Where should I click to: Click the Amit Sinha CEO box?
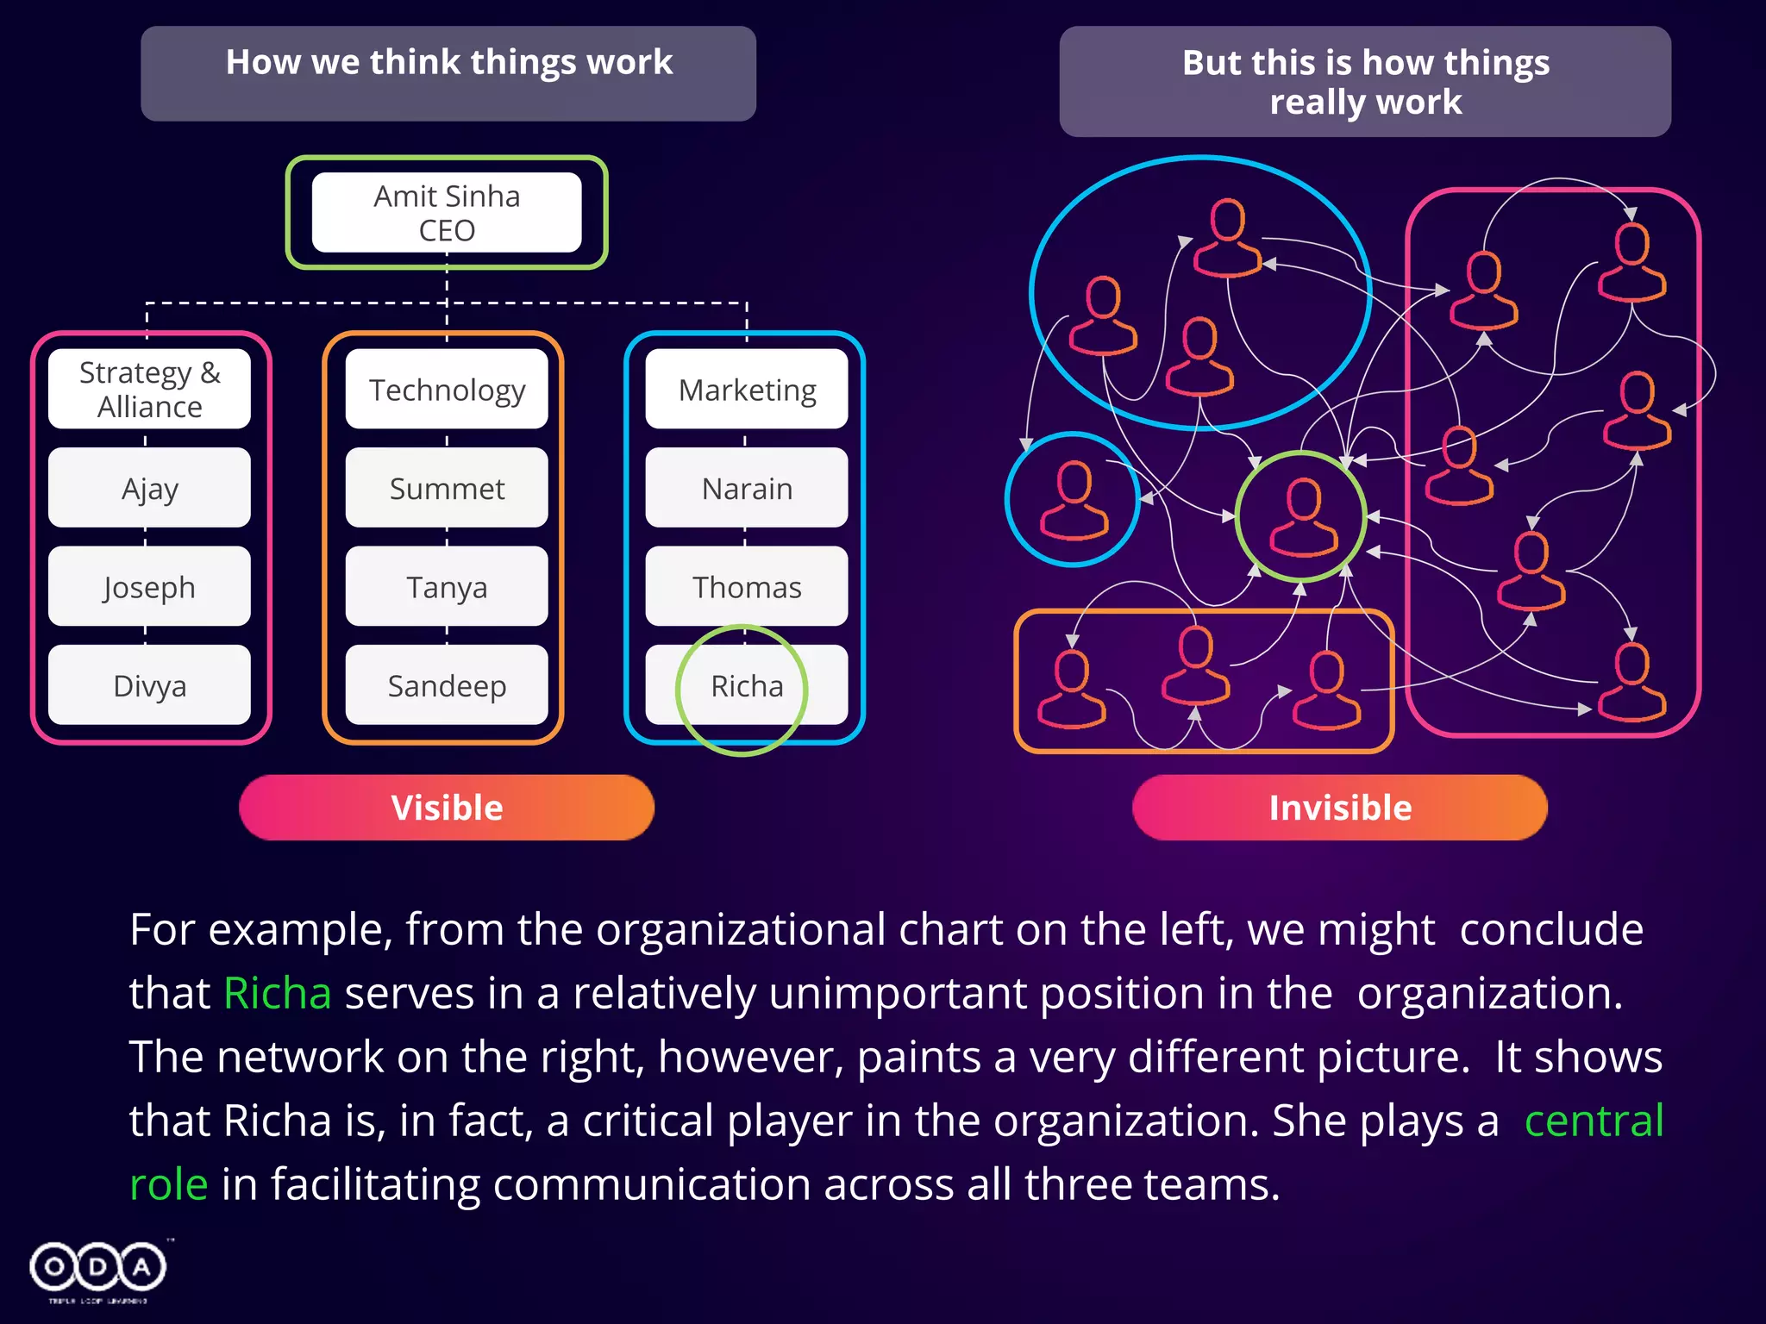[x=447, y=213]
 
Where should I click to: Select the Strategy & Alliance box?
[x=149, y=390]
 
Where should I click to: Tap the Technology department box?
[x=447, y=390]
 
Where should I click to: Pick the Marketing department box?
[x=747, y=390]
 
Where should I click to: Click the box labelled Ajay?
[x=149, y=488]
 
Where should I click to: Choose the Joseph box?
[x=149, y=587]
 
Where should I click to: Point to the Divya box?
[x=149, y=685]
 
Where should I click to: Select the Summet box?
[x=447, y=488]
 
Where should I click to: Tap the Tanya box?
[x=447, y=587]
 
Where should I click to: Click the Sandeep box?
[x=447, y=685]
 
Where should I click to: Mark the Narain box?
[x=747, y=488]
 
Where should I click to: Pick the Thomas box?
[x=747, y=587]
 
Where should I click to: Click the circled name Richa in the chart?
[x=747, y=686]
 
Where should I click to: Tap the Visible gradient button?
[x=447, y=808]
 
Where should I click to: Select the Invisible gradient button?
[x=1340, y=808]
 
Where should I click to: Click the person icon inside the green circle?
[x=1303, y=517]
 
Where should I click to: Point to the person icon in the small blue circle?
[x=1074, y=501]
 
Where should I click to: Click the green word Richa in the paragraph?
[x=277, y=993]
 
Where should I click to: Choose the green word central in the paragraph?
[x=1594, y=1121]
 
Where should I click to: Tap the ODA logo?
[x=97, y=1268]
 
